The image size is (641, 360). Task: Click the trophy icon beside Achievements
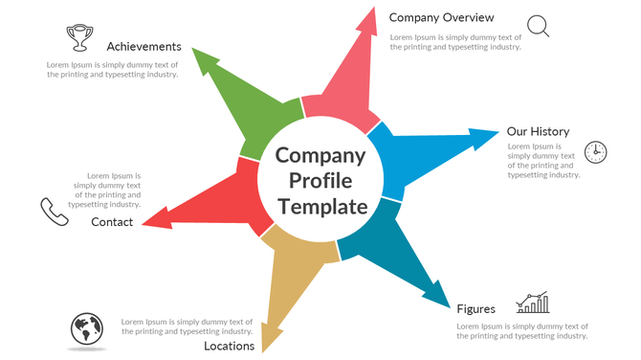click(x=80, y=37)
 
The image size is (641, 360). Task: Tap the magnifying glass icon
click(x=539, y=26)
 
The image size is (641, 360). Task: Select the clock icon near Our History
click(x=595, y=151)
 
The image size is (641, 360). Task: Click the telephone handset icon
click(x=54, y=212)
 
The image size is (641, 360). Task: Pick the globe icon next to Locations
click(x=86, y=329)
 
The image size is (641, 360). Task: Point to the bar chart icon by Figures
click(x=533, y=304)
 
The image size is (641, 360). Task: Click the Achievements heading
click(x=144, y=46)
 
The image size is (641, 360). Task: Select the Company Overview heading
click(x=441, y=17)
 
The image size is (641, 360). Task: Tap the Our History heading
click(x=538, y=131)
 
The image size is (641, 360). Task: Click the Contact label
click(x=112, y=222)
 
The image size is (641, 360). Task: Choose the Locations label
click(x=229, y=346)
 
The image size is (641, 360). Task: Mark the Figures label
click(x=475, y=308)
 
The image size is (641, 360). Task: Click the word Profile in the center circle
click(x=320, y=181)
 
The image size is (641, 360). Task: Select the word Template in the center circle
click(x=322, y=207)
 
